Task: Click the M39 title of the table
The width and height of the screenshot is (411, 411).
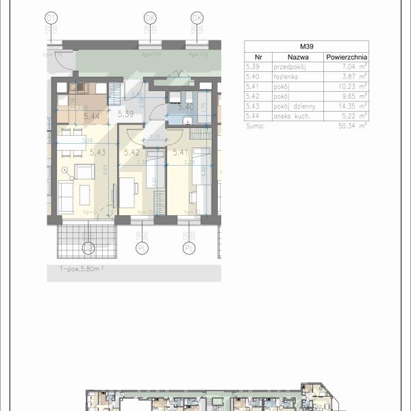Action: click(306, 46)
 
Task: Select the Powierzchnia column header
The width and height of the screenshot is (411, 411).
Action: click(346, 58)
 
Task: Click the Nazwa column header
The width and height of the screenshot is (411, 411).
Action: click(297, 58)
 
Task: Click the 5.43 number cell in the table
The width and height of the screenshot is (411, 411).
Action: click(253, 106)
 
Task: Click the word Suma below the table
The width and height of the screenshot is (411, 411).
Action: click(253, 125)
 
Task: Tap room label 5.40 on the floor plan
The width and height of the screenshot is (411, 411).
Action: click(186, 106)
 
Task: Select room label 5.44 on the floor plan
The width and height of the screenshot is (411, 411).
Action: click(91, 117)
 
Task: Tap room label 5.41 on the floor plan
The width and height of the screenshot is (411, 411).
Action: click(180, 152)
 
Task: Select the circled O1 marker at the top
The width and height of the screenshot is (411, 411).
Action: click(51, 18)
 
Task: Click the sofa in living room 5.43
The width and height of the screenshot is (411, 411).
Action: click(66, 197)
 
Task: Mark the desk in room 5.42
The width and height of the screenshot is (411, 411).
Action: click(127, 193)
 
